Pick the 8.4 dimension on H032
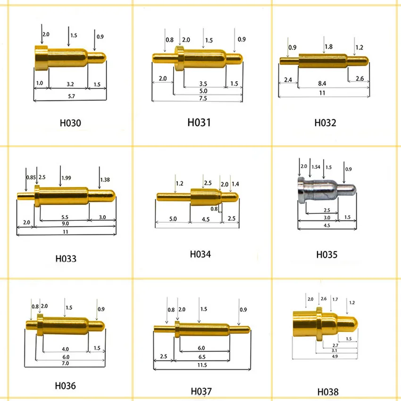(322, 83)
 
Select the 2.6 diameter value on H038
(323, 299)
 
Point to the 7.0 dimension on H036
(65, 363)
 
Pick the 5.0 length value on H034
(173, 219)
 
